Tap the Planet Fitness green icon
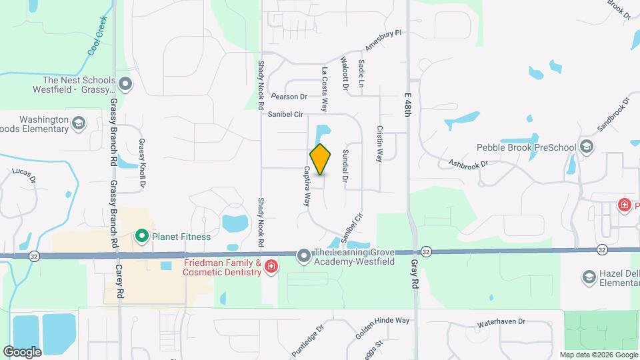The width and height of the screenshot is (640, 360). [141, 236]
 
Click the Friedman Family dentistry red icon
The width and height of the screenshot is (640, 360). [271, 267]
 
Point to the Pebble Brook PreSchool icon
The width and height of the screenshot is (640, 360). [587, 147]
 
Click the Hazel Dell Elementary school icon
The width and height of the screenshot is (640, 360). [589, 277]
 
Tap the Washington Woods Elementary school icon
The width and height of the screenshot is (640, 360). [79, 123]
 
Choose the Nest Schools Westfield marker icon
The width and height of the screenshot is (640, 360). [125, 84]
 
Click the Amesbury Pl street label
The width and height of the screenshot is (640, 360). [385, 40]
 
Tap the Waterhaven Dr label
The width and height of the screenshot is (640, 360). [501, 323]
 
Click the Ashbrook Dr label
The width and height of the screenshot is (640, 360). [468, 162]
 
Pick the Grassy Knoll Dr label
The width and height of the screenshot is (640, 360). [142, 163]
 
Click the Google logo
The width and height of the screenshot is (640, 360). [23, 351]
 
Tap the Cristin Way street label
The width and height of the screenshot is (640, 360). [379, 144]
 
